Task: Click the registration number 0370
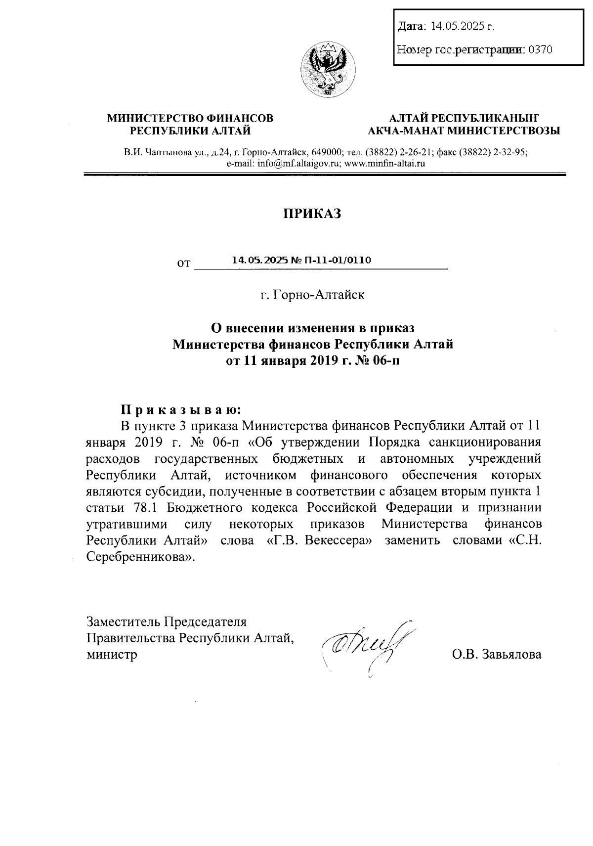click(540, 49)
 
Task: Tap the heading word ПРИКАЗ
click(312, 214)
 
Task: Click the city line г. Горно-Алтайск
click(312, 295)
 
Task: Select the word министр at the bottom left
click(112, 655)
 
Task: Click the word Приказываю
click(181, 409)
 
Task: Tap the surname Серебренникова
click(138, 556)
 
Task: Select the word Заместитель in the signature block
click(124, 622)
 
